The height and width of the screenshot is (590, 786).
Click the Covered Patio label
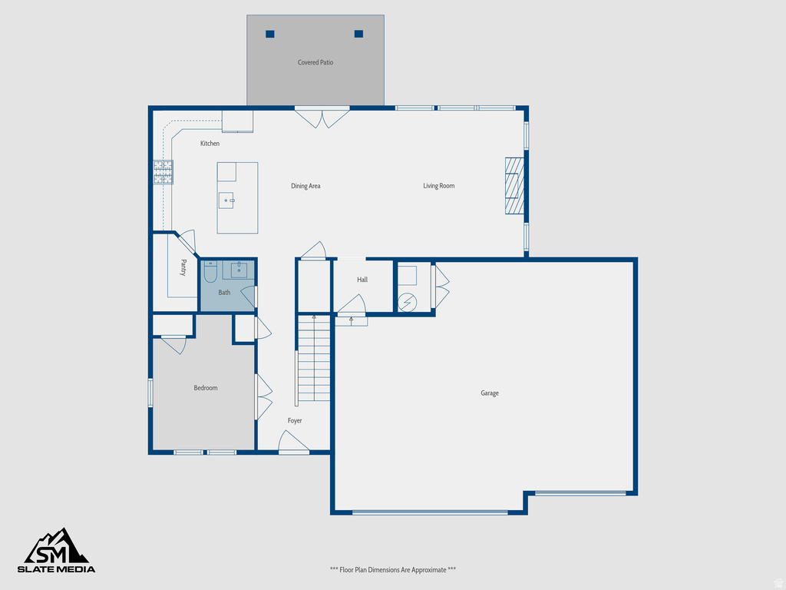pos(315,62)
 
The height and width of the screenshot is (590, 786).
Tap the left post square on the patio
pos(270,34)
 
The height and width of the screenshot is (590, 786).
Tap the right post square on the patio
pos(358,34)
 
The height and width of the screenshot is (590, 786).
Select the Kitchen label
pos(210,144)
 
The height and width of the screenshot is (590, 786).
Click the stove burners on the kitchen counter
pos(163,172)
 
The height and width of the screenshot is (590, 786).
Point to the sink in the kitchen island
pos(227,200)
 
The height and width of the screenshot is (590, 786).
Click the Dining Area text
pos(305,186)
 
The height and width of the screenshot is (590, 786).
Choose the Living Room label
pos(439,186)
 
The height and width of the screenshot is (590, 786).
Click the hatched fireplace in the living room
pos(514,186)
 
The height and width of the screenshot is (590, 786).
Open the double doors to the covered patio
pos(322,118)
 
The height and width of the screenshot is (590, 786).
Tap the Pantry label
pos(183,267)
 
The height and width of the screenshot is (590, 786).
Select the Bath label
pos(224,293)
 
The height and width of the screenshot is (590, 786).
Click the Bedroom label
pos(205,388)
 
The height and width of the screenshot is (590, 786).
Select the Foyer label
pos(295,421)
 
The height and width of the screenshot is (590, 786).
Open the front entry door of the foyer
pos(293,442)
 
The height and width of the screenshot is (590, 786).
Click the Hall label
pos(362,280)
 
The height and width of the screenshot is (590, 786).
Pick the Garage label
pos(490,393)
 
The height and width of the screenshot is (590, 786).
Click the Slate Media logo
pos(57,551)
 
